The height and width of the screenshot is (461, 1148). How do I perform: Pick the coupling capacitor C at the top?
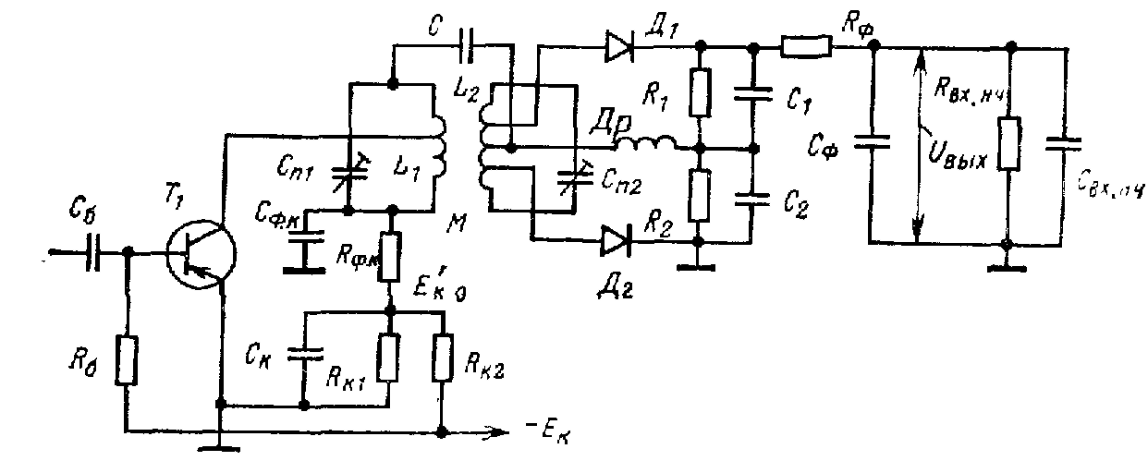(x=469, y=43)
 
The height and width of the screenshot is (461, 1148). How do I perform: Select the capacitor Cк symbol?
(x=303, y=351)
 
